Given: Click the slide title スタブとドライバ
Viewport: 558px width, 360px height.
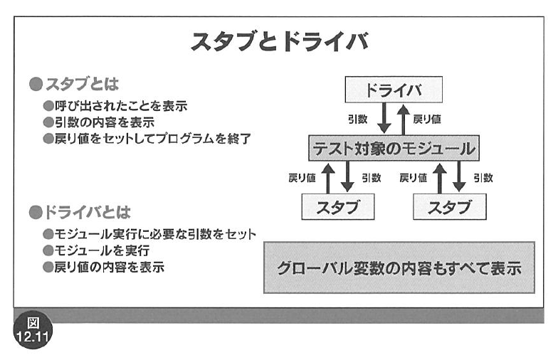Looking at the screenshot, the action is click(280, 41).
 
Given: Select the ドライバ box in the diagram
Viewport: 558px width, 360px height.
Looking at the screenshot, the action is click(394, 90).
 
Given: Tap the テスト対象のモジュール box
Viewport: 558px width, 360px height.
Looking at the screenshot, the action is click(394, 148).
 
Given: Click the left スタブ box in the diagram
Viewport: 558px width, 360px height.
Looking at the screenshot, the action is click(337, 206).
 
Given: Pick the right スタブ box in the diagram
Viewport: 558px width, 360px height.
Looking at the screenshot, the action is click(450, 206).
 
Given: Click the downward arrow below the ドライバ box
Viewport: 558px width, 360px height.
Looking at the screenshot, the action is click(384, 118).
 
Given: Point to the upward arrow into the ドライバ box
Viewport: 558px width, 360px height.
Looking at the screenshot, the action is click(403, 120).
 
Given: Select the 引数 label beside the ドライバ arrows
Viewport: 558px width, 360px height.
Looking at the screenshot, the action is click(357, 120).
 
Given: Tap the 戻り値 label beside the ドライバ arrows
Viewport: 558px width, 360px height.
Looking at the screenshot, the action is click(427, 120).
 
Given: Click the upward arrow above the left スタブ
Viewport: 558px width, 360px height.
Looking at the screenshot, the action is click(327, 178).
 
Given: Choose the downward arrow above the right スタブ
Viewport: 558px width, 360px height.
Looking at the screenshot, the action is click(458, 176).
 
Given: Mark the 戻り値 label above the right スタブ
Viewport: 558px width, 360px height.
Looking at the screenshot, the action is click(413, 178).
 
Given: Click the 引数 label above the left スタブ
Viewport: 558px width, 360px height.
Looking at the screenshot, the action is click(372, 178).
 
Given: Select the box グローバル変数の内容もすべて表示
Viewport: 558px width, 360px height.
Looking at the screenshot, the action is click(399, 268).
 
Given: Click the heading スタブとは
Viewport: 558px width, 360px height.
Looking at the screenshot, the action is click(74, 84).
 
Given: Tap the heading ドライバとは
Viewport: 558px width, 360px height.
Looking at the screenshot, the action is click(80, 212).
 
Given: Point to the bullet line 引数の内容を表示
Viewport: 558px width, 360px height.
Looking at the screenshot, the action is click(98, 122).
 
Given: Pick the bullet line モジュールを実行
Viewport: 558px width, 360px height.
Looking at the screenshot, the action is click(96, 250).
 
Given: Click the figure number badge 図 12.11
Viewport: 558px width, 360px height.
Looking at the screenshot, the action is click(33, 330).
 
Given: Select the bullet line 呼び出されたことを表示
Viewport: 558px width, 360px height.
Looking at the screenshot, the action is click(115, 105).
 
